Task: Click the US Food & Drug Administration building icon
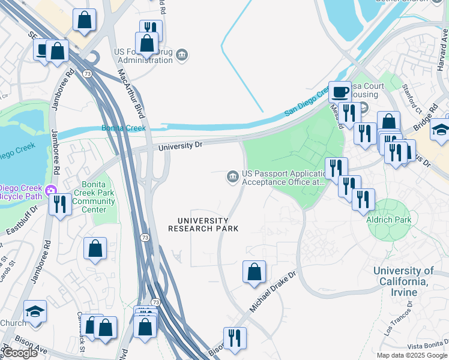coord(182,56)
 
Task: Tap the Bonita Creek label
coord(124,128)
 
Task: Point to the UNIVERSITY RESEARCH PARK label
coord(203,224)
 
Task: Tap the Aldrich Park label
coord(388,220)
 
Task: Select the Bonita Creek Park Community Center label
coord(94,202)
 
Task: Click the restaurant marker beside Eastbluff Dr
coord(59,205)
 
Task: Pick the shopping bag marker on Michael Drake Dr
coord(255,272)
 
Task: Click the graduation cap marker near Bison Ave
coord(35,312)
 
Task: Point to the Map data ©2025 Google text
coord(411,355)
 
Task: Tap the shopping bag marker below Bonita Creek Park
coord(95,248)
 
